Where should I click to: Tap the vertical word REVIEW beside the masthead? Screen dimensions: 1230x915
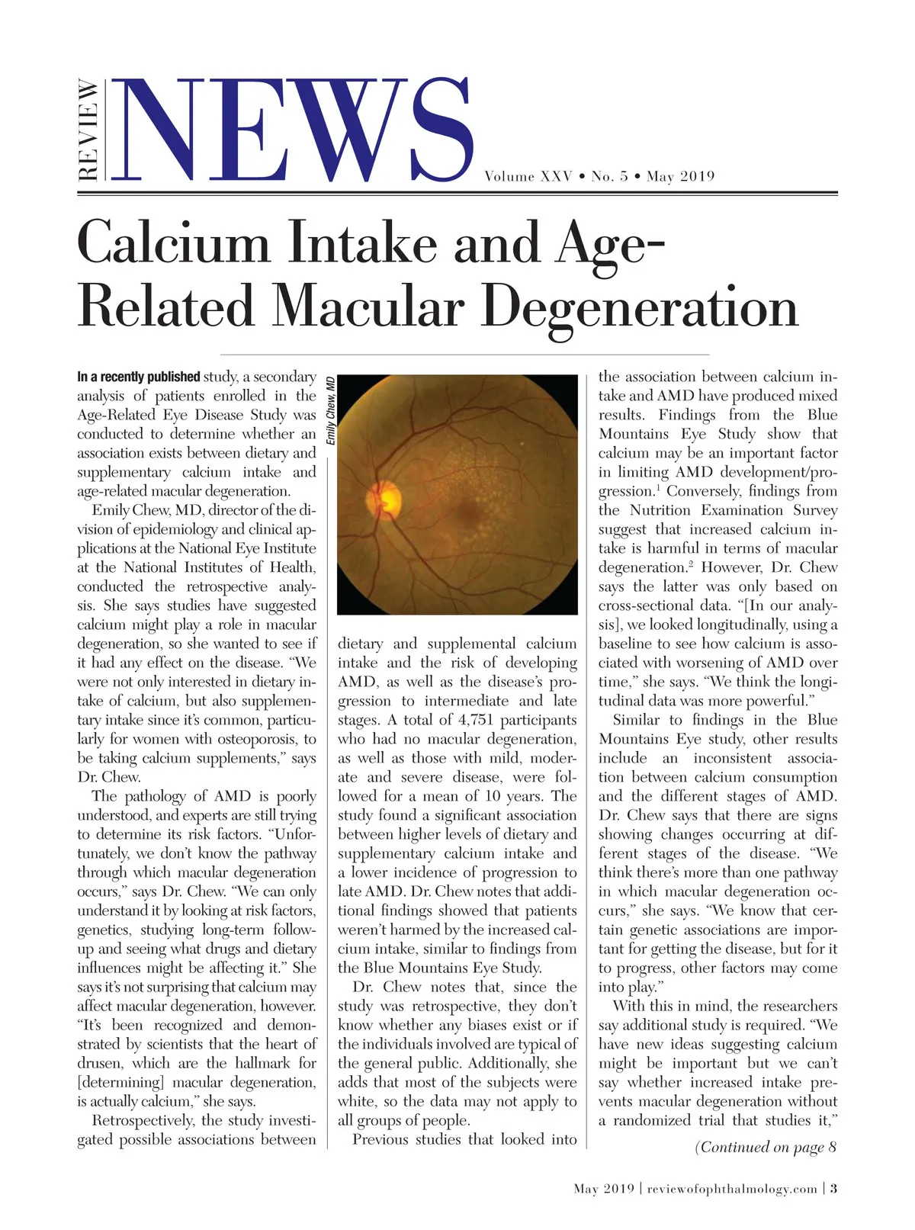click(x=88, y=130)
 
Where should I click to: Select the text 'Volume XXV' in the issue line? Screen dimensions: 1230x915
click(x=528, y=177)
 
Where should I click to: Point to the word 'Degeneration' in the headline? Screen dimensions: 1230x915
click(x=640, y=307)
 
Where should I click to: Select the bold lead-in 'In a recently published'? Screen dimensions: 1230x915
click(x=138, y=377)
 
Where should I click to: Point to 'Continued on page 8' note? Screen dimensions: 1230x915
click(x=766, y=1148)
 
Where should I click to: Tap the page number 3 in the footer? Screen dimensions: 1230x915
click(x=833, y=1189)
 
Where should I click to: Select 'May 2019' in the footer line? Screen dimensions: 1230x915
click(x=604, y=1189)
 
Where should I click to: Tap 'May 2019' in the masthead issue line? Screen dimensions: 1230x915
click(x=680, y=177)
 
